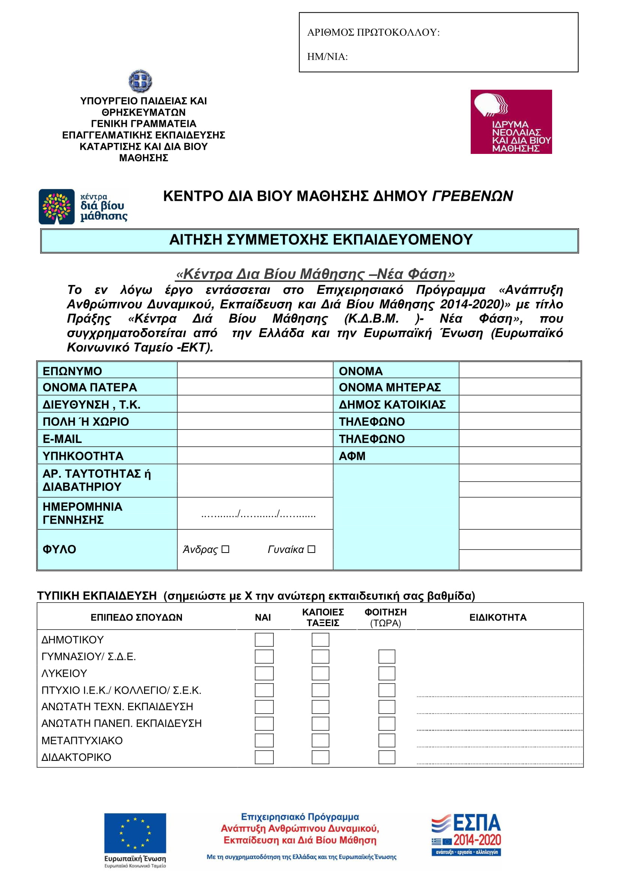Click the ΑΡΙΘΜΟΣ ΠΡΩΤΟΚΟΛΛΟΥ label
coord(373,33)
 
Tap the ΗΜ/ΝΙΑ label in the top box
coord(327,57)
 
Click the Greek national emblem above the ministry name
coord(140,81)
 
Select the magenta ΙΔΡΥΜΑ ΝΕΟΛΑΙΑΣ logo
coord(511,122)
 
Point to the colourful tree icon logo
coord(57,207)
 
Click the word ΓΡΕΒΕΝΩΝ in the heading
coord(472,196)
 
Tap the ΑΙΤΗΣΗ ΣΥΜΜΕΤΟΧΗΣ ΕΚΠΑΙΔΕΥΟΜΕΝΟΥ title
coord(321,240)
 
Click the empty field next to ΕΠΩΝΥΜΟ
coord(255,370)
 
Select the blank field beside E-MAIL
coord(255,438)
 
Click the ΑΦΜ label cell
coord(396,456)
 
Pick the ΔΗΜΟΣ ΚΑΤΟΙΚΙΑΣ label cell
coord(396,404)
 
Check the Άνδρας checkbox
coord(225,549)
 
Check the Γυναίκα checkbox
coord(311,549)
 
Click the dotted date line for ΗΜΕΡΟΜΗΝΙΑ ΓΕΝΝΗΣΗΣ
coord(258,514)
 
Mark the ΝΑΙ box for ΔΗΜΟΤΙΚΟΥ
coord(264,640)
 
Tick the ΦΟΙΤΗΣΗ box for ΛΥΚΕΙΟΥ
coord(387,673)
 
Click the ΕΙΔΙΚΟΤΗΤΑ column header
coord(498,617)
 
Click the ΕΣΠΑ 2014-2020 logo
coord(466,835)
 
